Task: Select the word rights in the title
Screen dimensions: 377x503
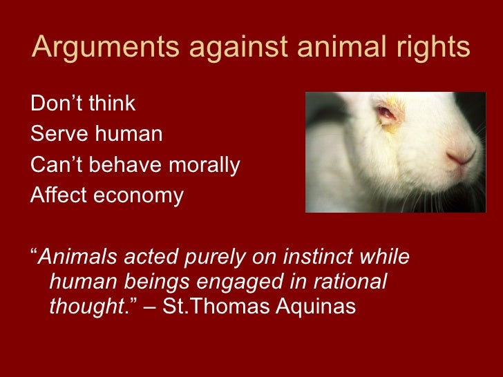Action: click(x=431, y=47)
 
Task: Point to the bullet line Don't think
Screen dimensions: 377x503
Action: click(x=83, y=104)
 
